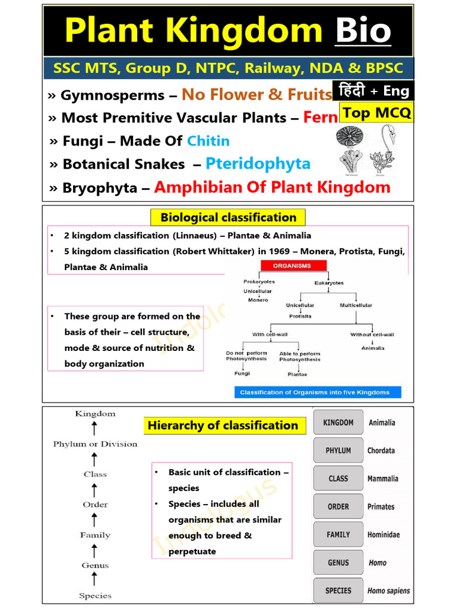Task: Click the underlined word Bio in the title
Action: pos(363,31)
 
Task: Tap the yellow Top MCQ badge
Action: pos(376,113)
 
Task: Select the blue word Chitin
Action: pos(208,141)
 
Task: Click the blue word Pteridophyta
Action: pos(258,164)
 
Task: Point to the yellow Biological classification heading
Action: pos(228,217)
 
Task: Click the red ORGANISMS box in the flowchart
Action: pos(292,266)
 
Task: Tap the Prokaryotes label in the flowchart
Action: pos(259,282)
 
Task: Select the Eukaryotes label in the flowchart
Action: pos(329,283)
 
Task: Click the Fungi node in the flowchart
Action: pos(242,373)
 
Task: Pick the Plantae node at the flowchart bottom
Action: pos(297,375)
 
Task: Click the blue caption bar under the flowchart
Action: pos(315,392)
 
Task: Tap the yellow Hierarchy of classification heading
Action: pos(223,425)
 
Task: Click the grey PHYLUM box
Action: pos(338,451)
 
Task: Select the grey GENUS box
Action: pos(338,563)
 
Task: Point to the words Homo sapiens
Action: pos(388,591)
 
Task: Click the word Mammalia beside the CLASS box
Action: pos(383,479)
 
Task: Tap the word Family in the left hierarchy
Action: pos(95,535)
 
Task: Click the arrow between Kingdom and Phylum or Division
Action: pos(95,429)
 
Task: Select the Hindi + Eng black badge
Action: pos(373,91)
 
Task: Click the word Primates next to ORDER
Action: pos(381,506)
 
